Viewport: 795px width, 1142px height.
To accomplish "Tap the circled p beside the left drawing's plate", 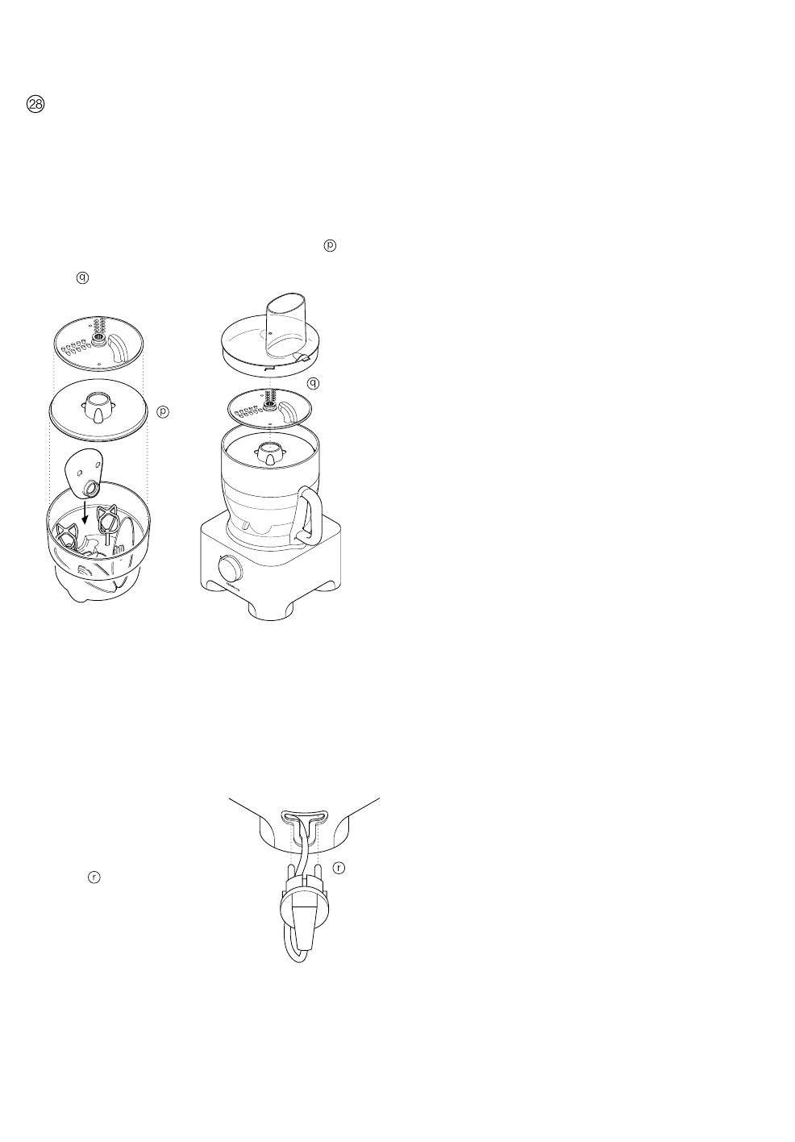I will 163,412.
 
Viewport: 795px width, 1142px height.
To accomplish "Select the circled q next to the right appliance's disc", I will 313,383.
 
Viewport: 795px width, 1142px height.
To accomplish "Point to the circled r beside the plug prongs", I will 339,868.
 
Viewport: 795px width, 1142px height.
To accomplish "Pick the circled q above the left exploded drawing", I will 81,277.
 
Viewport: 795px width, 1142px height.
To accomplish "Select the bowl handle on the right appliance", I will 310,513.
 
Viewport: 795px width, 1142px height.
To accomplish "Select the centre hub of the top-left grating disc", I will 98,340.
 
